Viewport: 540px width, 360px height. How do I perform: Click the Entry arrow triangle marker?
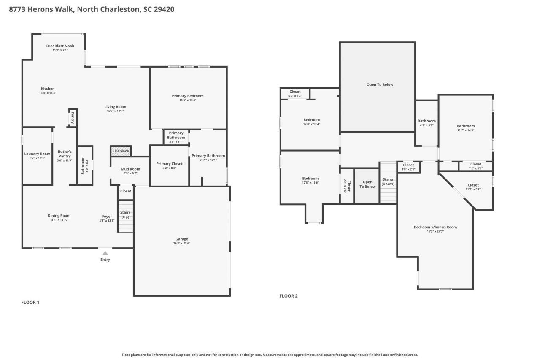[x=105, y=253]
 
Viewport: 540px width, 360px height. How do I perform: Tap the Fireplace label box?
[x=121, y=151]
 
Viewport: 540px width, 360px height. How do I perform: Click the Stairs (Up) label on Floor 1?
[x=125, y=215]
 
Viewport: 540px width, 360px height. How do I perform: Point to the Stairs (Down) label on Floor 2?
[x=388, y=181]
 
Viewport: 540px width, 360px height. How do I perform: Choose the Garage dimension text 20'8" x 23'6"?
[x=182, y=244]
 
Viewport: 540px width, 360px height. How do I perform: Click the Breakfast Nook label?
[x=60, y=46]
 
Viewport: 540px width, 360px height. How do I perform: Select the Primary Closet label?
[x=169, y=164]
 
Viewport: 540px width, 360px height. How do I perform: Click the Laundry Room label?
[x=37, y=154]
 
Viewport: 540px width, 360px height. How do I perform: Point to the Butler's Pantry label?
[x=65, y=154]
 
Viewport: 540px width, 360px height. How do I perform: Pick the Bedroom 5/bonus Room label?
[x=435, y=227]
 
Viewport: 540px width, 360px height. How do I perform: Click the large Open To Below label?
[x=380, y=84]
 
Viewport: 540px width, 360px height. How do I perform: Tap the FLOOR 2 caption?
[x=289, y=296]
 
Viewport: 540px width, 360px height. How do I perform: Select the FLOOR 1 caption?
[x=30, y=302]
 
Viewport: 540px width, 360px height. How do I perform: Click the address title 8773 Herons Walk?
[x=92, y=9]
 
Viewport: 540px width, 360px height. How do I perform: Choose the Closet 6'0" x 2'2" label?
[x=295, y=92]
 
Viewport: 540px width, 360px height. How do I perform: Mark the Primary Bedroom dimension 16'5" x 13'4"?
[x=188, y=100]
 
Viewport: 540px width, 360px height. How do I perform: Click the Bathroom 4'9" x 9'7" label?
[x=427, y=121]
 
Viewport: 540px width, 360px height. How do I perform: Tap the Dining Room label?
[x=59, y=216]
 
